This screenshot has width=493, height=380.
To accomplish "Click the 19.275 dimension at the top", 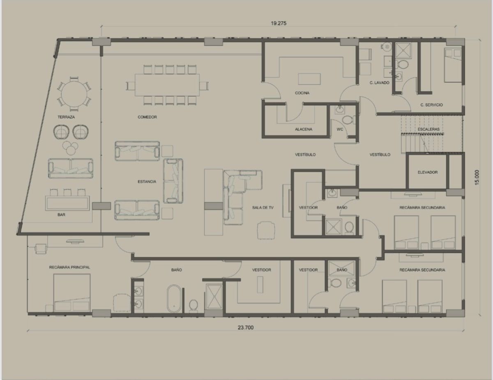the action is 279,23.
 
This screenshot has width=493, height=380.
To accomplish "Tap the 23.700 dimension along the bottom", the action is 246,327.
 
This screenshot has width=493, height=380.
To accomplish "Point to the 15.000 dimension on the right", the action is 477,177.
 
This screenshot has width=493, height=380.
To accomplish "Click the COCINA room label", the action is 302,93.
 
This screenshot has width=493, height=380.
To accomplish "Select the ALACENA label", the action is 304,129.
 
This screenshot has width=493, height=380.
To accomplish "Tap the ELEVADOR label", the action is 427,172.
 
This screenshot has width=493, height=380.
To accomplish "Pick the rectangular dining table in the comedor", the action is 167,85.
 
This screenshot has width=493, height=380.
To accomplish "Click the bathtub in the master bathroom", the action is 174,299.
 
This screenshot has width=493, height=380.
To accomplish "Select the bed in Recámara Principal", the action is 72,292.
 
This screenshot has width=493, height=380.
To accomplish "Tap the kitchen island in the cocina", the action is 309,79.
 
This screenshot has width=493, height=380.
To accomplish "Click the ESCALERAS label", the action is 428,129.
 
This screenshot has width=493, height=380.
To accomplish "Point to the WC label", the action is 340,129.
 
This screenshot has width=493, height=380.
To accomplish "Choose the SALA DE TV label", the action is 263,207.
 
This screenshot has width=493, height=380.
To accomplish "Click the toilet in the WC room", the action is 348,120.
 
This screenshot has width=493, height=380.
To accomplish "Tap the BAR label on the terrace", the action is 61,214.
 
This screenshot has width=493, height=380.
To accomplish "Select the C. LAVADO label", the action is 379,83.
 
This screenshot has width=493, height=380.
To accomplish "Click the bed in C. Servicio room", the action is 453,65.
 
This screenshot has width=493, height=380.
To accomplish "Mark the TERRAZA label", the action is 66,117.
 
